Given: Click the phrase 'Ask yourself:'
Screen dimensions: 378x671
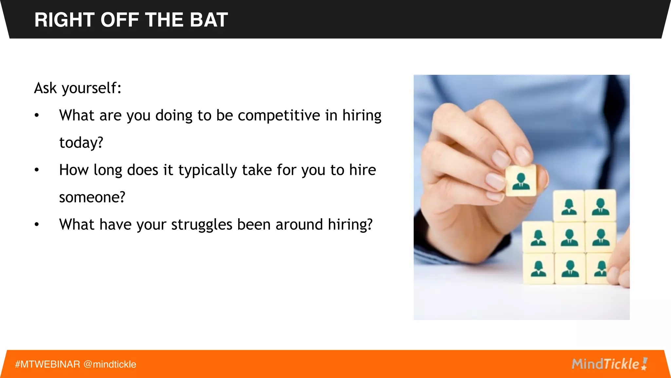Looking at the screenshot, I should tap(78, 88).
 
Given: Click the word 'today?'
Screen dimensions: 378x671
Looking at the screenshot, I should tap(81, 143).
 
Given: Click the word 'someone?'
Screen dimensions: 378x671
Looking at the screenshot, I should tap(92, 197).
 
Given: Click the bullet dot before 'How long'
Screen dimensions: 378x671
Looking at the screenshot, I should tap(37, 170).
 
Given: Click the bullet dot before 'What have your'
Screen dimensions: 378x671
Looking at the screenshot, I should tap(37, 225).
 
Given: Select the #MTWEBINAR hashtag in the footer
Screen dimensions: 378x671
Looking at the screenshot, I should tap(48, 364).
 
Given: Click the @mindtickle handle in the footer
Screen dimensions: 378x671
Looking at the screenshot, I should tap(110, 364).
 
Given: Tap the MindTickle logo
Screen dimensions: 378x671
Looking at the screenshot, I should tap(609, 364).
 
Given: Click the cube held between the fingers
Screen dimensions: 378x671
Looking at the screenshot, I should tap(521, 180).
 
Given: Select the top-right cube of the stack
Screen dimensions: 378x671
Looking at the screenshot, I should tap(600, 206).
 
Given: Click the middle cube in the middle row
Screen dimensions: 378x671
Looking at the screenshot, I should tap(569, 237).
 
